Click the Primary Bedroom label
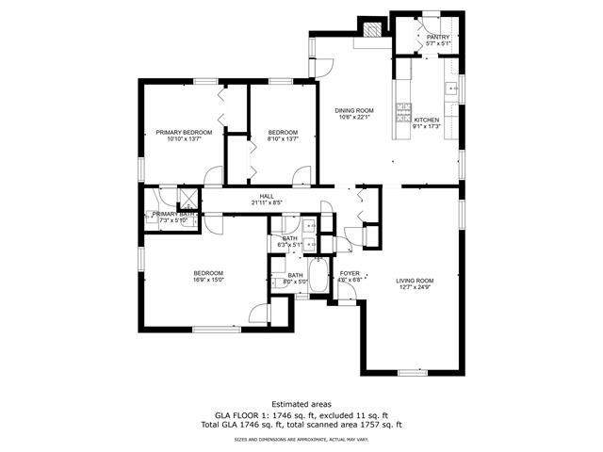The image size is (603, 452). pyautogui.click(x=184, y=133)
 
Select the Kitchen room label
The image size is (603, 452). pyautogui.click(x=427, y=121)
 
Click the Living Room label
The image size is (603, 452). pyautogui.click(x=415, y=281)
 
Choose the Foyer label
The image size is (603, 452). pyautogui.click(x=350, y=274)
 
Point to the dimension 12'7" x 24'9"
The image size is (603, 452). pyautogui.click(x=415, y=288)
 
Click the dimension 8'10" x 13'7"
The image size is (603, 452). pyautogui.click(x=283, y=139)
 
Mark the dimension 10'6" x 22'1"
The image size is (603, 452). pyautogui.click(x=354, y=118)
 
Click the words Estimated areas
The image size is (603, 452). pyautogui.click(x=301, y=404)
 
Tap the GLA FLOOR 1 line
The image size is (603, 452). pyautogui.click(x=301, y=414)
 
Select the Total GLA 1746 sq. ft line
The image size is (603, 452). pyautogui.click(x=301, y=425)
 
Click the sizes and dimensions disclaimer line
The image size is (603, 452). pyautogui.click(x=301, y=439)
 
